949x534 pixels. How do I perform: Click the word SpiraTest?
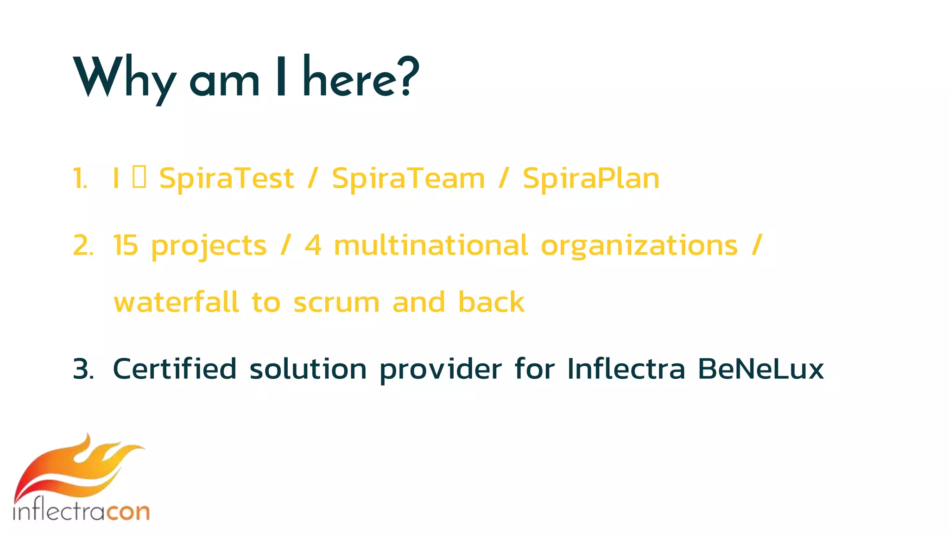pos(226,178)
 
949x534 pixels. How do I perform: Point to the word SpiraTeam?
pos(408,178)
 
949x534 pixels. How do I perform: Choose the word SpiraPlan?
pos(591,178)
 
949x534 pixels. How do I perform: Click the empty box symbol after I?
pos(139,178)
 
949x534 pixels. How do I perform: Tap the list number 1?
pos(80,178)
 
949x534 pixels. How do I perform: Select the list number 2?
pos(83,246)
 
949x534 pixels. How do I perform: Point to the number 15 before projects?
pos(126,246)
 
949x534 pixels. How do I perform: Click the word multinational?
pos(430,246)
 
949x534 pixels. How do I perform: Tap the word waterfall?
pos(176,302)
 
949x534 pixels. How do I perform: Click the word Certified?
pos(175,369)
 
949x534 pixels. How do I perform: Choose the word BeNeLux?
pos(760,369)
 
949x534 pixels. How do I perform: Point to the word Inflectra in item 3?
pos(626,369)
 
